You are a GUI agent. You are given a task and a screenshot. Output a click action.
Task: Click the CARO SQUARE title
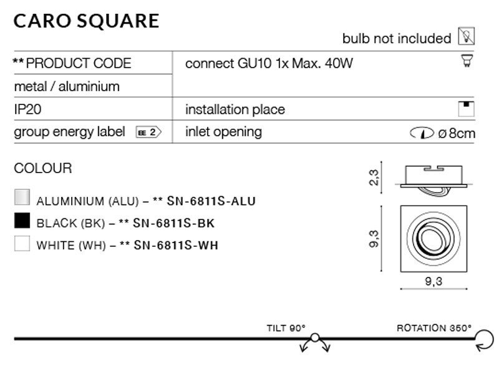[87, 20]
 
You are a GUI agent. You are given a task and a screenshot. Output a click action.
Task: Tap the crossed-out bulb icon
[466, 37]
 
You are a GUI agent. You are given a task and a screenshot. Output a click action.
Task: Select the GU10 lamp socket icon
[465, 62]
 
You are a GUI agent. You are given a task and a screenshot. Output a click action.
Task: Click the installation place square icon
[466, 108]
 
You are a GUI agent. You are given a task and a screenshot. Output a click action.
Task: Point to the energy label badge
[148, 132]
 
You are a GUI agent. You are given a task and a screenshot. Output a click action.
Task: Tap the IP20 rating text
[27, 109]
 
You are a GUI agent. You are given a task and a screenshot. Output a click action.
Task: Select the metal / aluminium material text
[66, 86]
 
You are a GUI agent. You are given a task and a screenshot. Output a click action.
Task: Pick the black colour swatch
[22, 221]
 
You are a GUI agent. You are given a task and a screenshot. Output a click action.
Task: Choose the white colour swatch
[22, 244]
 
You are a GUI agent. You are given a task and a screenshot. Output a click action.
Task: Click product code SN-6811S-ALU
[211, 201]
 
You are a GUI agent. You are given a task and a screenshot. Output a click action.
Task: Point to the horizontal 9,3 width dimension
[434, 281]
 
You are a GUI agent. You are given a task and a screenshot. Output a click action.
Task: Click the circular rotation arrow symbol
[483, 339]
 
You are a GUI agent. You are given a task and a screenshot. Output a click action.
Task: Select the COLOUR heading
[43, 168]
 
